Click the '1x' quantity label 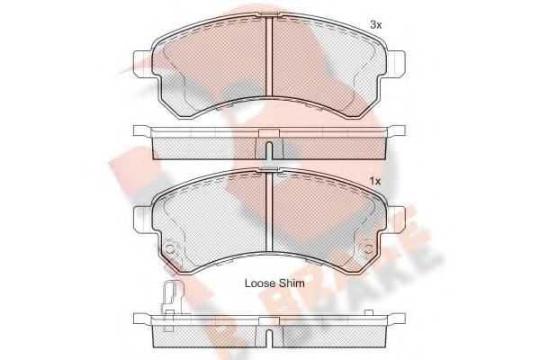click(x=375, y=182)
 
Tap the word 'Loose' click(x=260, y=283)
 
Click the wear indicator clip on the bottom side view click(x=170, y=297)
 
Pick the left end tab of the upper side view click(x=142, y=131)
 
